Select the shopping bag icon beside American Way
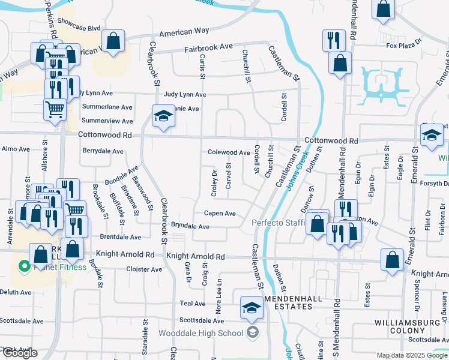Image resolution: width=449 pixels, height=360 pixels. [x=112, y=42]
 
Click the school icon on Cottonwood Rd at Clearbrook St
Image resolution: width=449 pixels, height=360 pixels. [x=162, y=116]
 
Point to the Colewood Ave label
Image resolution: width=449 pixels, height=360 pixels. [x=229, y=153]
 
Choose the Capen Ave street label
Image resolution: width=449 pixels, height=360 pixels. [x=220, y=213]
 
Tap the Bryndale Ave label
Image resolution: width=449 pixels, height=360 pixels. [x=190, y=226]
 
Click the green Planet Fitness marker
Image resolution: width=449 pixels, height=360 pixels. [x=24, y=265]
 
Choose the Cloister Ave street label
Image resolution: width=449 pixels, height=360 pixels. [x=145, y=269]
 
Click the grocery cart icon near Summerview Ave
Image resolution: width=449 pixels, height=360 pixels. [x=55, y=109]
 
